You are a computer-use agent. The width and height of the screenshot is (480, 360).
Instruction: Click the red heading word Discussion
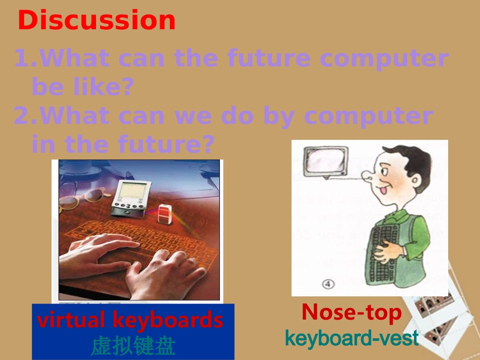[x=97, y=21]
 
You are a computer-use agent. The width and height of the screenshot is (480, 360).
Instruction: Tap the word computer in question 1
[x=383, y=59]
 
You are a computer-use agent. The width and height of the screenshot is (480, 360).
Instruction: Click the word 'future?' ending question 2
[x=166, y=145]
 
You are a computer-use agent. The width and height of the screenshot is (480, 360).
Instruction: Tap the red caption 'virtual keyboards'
[x=130, y=320]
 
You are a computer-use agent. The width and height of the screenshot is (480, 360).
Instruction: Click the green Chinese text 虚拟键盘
[x=133, y=346]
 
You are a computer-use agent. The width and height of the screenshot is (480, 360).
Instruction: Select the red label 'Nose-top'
[x=351, y=313]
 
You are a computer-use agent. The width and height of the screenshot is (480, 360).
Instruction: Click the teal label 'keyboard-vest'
[x=352, y=338]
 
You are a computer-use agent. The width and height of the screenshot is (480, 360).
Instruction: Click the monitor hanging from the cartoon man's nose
[x=325, y=161]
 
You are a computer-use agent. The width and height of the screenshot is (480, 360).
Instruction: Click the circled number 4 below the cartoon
[x=328, y=284]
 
